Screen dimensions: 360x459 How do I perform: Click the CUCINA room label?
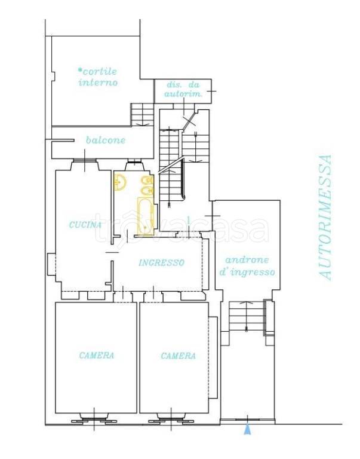(x=85, y=225)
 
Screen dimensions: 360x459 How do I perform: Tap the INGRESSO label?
(x=161, y=262)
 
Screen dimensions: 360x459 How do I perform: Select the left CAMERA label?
(x=97, y=356)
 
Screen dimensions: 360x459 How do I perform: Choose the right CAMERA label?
(x=178, y=356)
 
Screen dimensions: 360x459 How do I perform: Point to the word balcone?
(x=106, y=140)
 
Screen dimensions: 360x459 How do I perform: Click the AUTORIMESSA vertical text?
(x=325, y=218)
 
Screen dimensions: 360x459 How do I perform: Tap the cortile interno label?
(x=98, y=76)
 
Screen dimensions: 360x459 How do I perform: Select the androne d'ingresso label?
(x=247, y=266)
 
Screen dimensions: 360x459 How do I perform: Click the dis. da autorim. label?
(x=183, y=89)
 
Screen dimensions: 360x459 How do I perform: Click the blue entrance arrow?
(x=247, y=430)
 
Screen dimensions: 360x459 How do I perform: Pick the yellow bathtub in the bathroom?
(x=146, y=216)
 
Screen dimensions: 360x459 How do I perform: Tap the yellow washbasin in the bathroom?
(x=120, y=182)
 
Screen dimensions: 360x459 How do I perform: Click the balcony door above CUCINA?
(x=85, y=160)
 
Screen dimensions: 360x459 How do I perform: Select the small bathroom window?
(x=134, y=161)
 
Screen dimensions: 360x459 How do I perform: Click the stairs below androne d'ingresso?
(x=247, y=316)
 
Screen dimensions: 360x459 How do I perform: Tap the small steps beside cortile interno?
(x=142, y=115)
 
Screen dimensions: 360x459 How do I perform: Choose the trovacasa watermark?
(x=181, y=228)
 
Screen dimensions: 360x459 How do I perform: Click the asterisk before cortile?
(x=80, y=71)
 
